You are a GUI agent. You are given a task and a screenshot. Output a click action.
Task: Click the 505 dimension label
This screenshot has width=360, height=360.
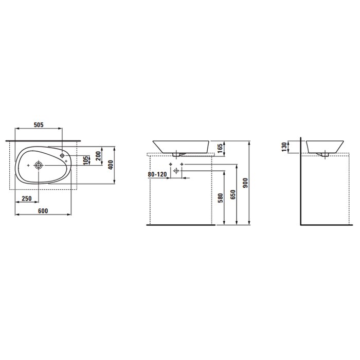tap(39, 125)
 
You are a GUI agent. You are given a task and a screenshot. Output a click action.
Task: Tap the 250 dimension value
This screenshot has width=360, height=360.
tap(27, 199)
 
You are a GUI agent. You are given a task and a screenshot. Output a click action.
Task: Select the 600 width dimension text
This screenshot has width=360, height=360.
tap(43, 211)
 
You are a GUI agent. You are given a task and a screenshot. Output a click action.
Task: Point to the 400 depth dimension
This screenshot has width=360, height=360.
tap(111, 165)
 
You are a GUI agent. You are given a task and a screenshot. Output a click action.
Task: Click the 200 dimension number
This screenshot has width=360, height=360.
tap(98, 156)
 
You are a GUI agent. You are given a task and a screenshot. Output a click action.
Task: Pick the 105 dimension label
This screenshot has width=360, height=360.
tap(86, 160)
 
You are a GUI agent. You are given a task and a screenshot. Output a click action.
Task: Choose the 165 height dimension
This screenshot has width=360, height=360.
tap(220, 149)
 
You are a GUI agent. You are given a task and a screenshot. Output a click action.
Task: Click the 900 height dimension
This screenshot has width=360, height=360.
tap(245, 183)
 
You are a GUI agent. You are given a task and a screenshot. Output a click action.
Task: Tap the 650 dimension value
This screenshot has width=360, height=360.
tap(233, 194)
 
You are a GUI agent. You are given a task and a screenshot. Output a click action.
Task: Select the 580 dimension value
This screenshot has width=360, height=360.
tap(220, 198)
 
